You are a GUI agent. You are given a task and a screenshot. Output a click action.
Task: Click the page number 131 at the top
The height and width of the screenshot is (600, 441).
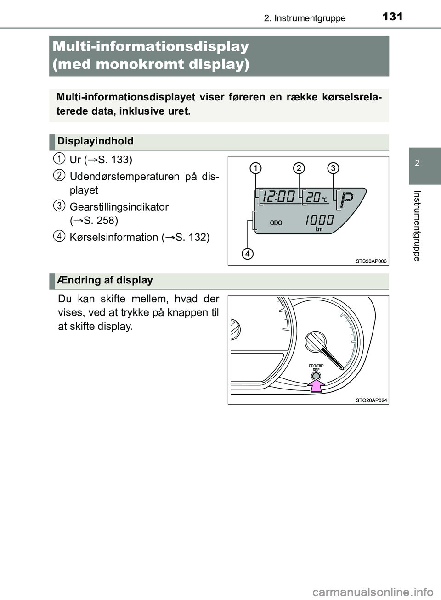(392, 17)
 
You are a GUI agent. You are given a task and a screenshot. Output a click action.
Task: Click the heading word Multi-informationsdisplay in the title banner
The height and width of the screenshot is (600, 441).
(151, 46)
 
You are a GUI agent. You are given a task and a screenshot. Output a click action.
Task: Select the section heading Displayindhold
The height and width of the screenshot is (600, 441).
(96, 141)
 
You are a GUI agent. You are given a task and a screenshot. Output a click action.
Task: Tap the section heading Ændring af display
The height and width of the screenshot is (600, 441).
(105, 280)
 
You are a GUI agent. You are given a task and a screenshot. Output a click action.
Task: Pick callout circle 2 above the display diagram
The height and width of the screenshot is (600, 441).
(299, 168)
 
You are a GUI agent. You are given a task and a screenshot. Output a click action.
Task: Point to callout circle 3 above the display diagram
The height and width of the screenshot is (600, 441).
(333, 168)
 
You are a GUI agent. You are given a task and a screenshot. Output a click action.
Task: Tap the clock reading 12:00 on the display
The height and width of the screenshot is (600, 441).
(278, 197)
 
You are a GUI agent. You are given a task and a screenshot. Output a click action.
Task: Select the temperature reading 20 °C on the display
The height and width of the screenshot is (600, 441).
(317, 197)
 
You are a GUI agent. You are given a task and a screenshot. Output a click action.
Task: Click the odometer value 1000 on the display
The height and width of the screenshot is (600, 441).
(319, 220)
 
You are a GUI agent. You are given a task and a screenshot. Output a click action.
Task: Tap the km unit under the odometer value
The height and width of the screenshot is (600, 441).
(319, 229)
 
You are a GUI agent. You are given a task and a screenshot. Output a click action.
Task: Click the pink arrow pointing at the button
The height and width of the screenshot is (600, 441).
(316, 386)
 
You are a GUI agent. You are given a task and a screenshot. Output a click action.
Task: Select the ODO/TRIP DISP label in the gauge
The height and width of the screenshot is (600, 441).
(316, 367)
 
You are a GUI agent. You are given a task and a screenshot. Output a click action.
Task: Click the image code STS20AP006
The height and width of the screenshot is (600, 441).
(371, 261)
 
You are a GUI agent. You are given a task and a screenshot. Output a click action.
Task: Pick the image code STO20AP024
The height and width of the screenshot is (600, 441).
(371, 400)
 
